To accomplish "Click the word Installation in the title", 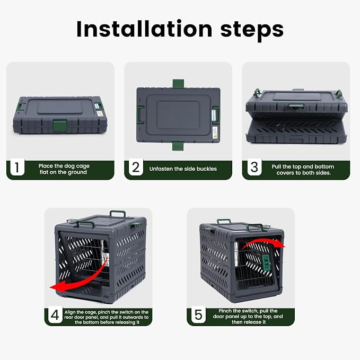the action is tap(144, 29).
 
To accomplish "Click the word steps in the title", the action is tap(252, 30).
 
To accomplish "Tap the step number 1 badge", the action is tap(17, 168).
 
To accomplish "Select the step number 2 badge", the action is tap(136, 168).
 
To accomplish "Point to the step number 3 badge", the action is tap(254, 168).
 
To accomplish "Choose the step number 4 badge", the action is tap(55, 315).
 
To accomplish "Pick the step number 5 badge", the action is tap(198, 315).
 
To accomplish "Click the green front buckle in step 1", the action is tap(60, 126).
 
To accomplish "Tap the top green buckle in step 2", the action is tap(178, 84).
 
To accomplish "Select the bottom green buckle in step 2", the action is tap(178, 146).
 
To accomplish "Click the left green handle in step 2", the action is tap(140, 115).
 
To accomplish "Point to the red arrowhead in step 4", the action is tap(56, 287).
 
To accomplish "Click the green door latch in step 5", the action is tap(266, 262).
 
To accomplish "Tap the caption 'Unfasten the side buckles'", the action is tap(183, 169).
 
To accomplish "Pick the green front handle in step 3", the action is tap(296, 106).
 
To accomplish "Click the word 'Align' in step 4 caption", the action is tap(70, 312).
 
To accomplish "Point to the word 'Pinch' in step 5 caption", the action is tap(225, 311).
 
